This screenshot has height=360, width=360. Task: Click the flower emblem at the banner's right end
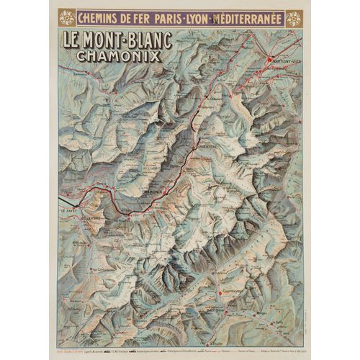[x=293, y=18]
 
